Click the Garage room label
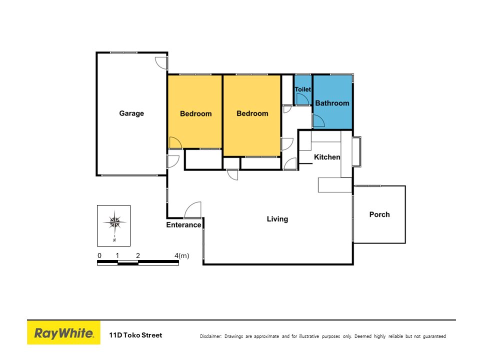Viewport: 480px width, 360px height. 131,113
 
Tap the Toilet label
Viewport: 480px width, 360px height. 302,89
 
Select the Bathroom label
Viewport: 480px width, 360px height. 332,103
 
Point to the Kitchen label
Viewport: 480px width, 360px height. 327,157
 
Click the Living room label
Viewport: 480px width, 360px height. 277,219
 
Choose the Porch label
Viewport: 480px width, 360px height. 379,214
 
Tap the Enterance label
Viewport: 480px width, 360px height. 183,225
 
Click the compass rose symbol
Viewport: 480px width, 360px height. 114,221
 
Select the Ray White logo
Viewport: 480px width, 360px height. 63,333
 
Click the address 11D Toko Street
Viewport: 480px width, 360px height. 135,335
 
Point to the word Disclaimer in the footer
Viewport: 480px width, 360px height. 210,336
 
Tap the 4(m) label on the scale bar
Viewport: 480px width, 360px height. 181,255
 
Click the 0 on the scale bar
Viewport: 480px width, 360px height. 99,255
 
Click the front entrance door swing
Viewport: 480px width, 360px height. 193,209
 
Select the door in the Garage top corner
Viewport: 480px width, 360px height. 161,63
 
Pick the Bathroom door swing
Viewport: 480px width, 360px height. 318,120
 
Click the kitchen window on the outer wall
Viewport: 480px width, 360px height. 356,152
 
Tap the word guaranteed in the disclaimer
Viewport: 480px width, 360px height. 434,336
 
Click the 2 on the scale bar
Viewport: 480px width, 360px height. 138,255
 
